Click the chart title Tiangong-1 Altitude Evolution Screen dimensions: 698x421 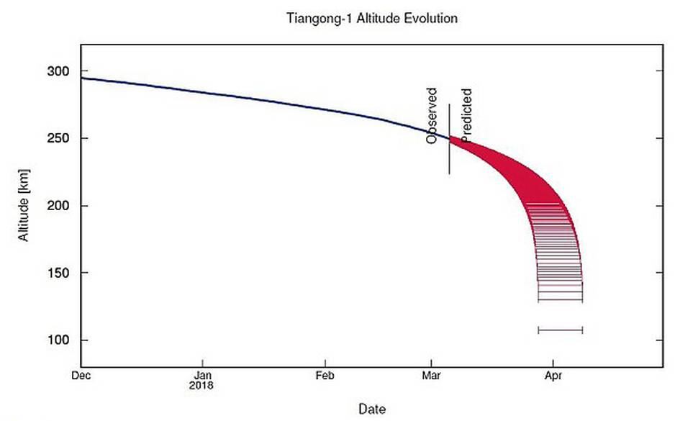pos(372,18)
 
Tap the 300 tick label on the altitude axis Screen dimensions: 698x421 pos(58,71)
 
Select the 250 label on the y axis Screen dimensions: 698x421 pos(58,138)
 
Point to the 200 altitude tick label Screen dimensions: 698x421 pos(58,206)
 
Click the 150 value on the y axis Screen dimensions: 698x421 pos(58,273)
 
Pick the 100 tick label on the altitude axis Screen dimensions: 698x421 pos(58,340)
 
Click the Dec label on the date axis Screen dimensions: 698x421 pos(81,376)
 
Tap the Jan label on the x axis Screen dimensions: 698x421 pos(201,376)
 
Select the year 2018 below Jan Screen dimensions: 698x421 pos(201,386)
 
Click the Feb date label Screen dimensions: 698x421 pos(325,376)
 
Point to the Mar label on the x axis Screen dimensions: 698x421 pos(431,376)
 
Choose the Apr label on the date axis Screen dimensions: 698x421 pos(553,376)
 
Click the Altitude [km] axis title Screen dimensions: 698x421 pos(24,205)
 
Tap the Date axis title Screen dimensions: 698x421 pos(372,409)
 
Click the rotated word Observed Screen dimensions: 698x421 pos(431,116)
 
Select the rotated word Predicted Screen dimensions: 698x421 pos(466,115)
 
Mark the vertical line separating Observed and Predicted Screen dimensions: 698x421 pos(449,139)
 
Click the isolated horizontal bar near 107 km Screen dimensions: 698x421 pos(561,330)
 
